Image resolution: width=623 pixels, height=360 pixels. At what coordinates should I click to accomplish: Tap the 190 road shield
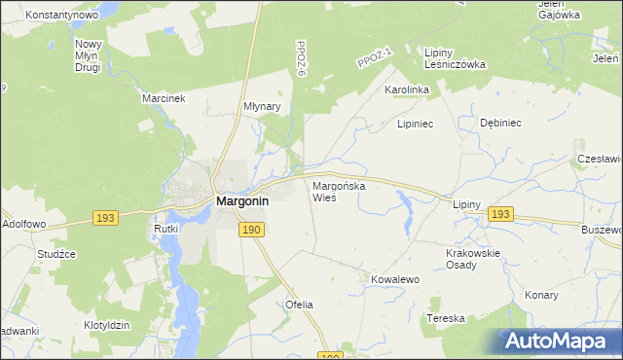pos(251,229)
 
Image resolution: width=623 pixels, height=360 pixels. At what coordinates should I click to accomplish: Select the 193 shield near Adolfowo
pos(106,218)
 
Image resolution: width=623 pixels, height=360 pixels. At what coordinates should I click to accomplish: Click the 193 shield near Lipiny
pos(500,213)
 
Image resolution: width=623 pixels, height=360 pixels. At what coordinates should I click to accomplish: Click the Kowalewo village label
pos(394,279)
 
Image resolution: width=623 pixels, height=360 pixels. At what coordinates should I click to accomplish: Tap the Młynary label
pos(261,107)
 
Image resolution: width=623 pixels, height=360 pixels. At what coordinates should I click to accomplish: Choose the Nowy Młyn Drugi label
pos(89,55)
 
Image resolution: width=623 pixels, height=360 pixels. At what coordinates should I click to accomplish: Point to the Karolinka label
pos(407,90)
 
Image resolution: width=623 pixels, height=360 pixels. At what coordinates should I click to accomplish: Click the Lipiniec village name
pos(414,125)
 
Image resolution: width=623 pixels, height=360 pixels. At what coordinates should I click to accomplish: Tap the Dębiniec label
pos(501,124)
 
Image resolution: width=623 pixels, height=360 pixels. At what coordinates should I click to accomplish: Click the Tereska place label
pos(446,318)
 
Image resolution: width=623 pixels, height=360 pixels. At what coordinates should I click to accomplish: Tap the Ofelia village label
pos(299,305)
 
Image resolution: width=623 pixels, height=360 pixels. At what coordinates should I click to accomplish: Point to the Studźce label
pos(56,254)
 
